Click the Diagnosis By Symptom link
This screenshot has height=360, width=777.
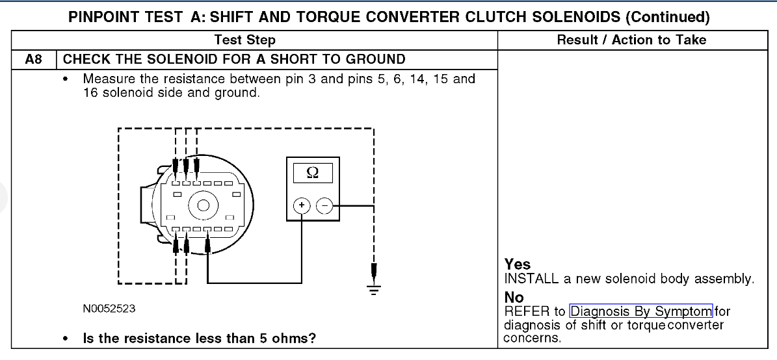(641, 311)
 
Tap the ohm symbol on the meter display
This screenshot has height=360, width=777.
(312, 173)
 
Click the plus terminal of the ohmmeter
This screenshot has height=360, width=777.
(302, 206)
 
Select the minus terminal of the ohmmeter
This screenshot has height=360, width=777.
(323, 206)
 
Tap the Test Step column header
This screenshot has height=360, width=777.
(244, 40)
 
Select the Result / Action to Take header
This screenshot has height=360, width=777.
(631, 40)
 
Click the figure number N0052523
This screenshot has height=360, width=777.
(109, 308)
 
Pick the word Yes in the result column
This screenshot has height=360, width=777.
(518, 264)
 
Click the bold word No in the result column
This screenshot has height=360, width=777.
(514, 298)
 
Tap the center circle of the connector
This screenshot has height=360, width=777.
(203, 207)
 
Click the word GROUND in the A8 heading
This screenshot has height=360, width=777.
(377, 60)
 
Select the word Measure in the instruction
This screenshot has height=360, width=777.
(107, 79)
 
